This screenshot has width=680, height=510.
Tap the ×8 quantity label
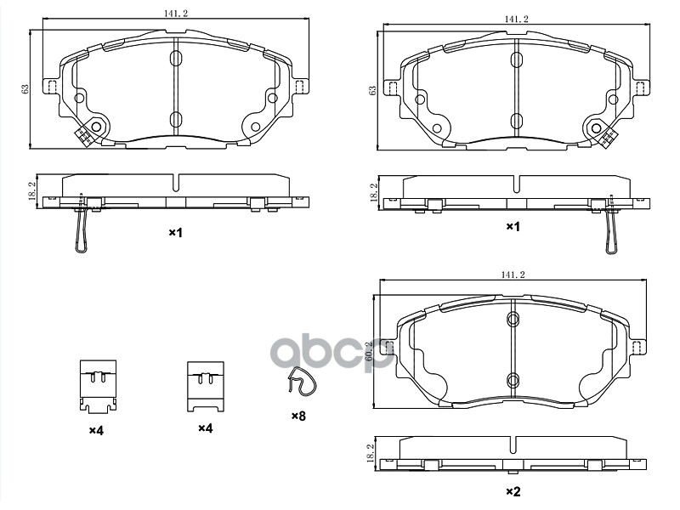click(x=297, y=416)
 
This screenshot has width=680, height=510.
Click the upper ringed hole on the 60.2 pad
click(x=513, y=320)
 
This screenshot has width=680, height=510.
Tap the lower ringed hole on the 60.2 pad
click(x=513, y=379)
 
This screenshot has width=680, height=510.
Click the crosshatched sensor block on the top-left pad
click(x=85, y=135)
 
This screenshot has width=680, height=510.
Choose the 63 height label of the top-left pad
click(x=25, y=88)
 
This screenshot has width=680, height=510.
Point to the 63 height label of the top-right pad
click(x=371, y=90)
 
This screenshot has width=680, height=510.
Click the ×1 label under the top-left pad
click(x=175, y=232)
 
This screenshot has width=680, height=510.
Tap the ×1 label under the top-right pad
click(x=513, y=227)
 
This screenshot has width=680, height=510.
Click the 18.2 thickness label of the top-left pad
click(x=31, y=190)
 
